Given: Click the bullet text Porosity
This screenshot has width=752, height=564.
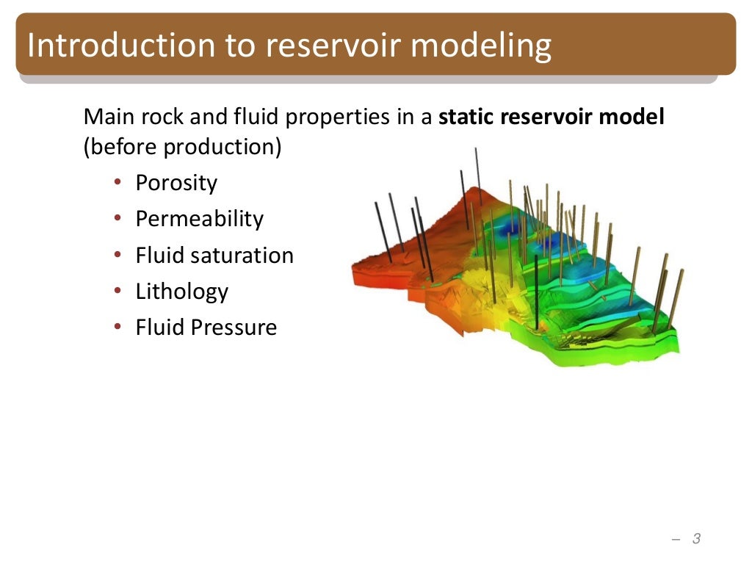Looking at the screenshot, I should coord(176,183).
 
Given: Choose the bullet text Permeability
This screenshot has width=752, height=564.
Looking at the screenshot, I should coord(199,219).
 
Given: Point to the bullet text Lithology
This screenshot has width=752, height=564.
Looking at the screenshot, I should coord(181,292).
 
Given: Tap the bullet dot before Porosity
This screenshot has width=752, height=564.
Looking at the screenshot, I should coord(117,183).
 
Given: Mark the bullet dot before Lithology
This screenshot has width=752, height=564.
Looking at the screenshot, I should coord(117,292).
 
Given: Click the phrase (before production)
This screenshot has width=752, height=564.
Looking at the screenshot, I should coord(182,147).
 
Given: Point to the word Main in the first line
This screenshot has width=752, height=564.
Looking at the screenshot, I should coord(105,117).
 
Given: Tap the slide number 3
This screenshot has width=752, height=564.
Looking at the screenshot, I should coord(696,539).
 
